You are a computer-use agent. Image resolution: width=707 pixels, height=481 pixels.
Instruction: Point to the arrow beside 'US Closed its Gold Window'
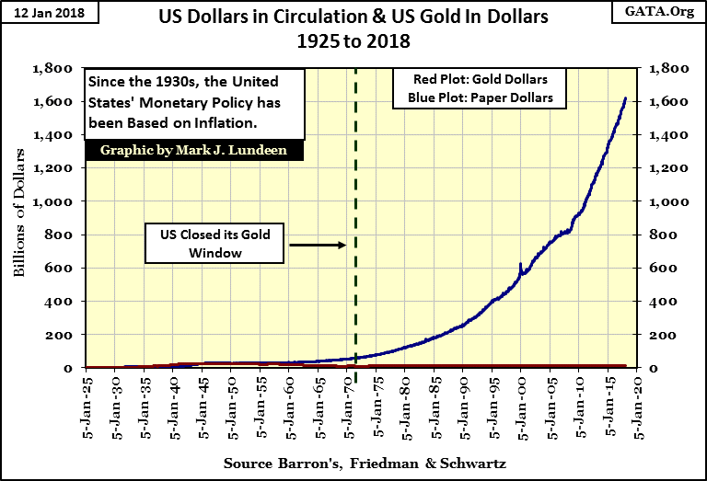point(316,245)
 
